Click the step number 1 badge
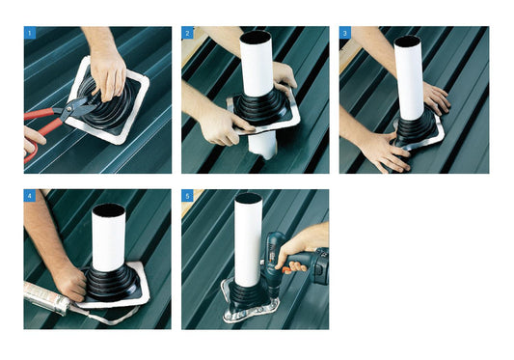[30, 33]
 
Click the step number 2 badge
[187, 33]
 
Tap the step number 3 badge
[345, 33]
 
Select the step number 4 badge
[30, 196]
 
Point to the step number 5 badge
[187, 196]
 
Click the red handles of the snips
[42, 128]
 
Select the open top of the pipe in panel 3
[408, 41]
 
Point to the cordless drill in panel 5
[295, 260]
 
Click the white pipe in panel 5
[248, 239]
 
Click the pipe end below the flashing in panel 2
[263, 145]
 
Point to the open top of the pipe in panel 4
[109, 210]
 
